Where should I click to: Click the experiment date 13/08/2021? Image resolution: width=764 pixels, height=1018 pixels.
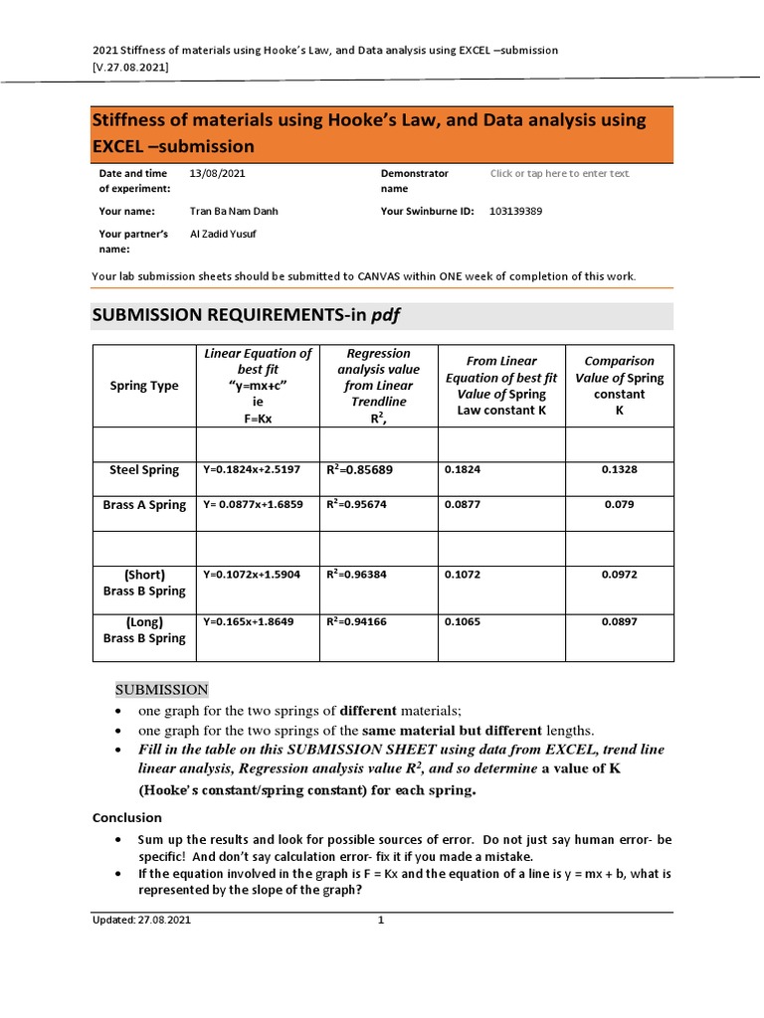tap(215, 173)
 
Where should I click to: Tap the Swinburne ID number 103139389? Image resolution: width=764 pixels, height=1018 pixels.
tap(516, 211)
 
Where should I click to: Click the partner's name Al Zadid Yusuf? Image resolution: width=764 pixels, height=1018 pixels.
tap(223, 234)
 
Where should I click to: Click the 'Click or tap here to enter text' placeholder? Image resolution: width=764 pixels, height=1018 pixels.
tap(559, 173)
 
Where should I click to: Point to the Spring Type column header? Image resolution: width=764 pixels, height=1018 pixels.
tap(143, 386)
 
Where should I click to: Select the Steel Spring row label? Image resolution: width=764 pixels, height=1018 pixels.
tap(144, 469)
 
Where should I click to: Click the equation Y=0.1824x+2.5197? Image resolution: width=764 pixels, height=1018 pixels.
tap(251, 469)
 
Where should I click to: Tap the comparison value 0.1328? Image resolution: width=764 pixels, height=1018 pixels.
tap(619, 469)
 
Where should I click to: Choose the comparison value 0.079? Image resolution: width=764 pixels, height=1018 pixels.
tap(619, 504)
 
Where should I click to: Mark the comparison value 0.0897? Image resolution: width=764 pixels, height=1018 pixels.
tap(619, 621)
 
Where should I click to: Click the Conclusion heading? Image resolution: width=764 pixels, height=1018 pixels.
tap(126, 817)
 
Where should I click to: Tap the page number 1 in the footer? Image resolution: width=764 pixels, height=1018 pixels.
tap(380, 921)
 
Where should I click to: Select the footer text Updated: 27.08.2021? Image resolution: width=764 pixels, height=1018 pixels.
tap(141, 921)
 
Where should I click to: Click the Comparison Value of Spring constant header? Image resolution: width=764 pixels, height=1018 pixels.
tap(619, 386)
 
